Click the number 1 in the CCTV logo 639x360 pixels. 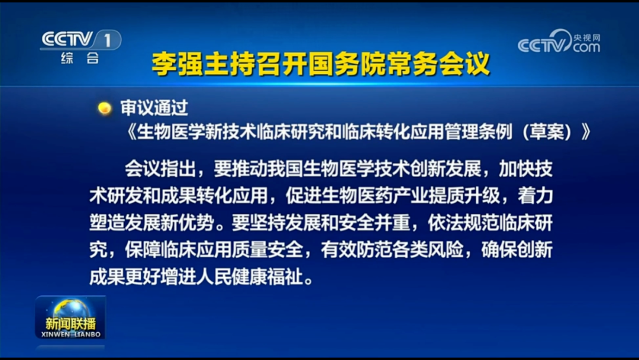[x=107, y=40]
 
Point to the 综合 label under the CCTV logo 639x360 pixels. [x=80, y=58]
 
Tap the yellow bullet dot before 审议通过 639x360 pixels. [x=105, y=108]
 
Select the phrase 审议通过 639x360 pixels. [x=154, y=108]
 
